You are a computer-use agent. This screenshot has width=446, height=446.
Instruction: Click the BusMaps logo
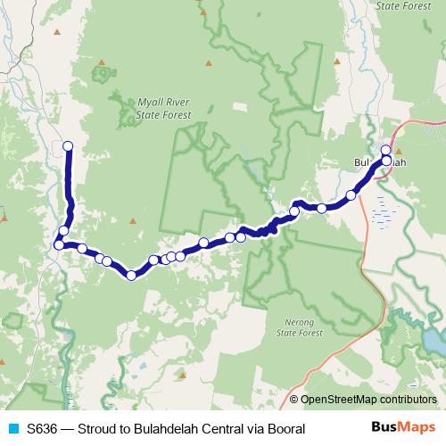404,428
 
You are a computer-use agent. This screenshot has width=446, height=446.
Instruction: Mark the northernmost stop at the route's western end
66,145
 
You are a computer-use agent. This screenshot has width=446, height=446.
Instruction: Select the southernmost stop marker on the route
131,275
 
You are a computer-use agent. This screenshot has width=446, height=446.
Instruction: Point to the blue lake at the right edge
436,339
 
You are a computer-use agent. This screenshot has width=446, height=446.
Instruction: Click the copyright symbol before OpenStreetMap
294,400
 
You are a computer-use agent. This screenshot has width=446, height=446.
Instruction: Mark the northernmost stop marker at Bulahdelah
386,150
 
